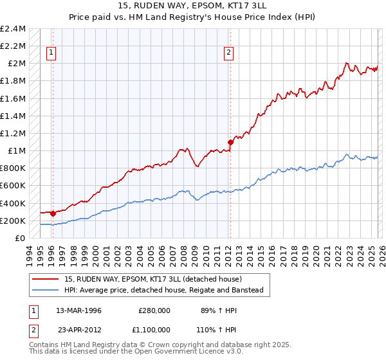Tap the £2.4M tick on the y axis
(x=13, y=29)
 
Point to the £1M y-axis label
(x=16, y=151)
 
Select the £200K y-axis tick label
(x=13, y=221)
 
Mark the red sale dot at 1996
(x=52, y=213)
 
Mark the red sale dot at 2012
(x=230, y=141)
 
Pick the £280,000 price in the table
(x=154, y=310)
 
